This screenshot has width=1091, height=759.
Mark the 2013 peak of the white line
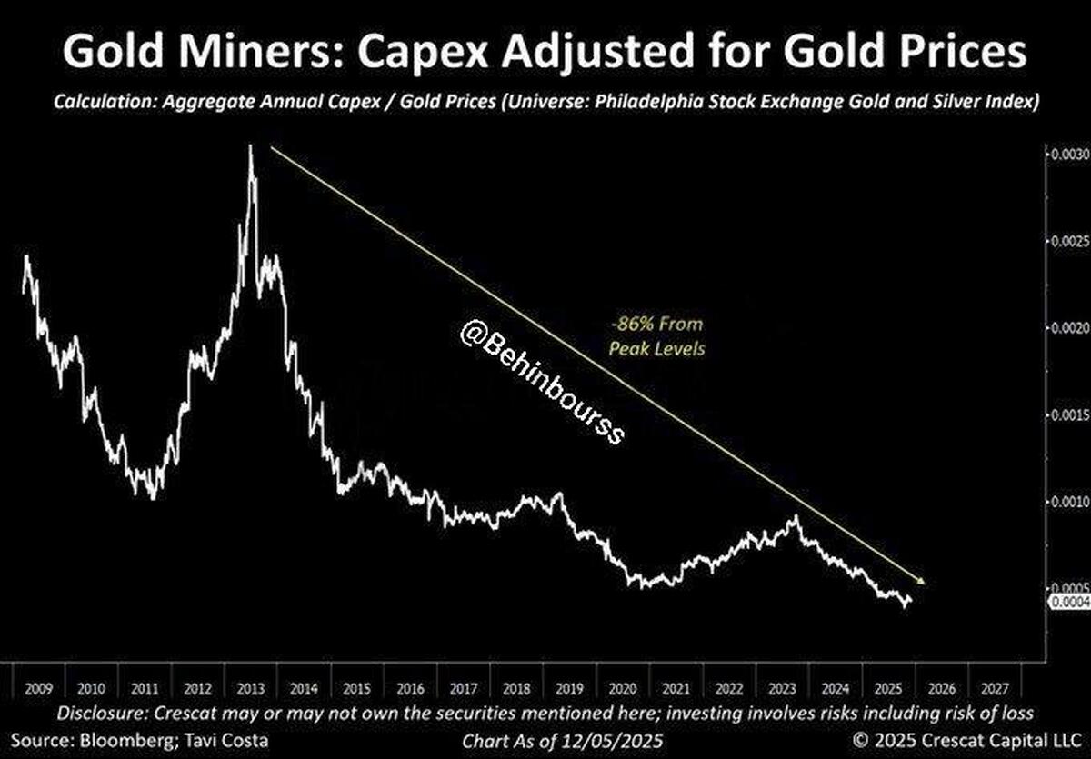[250, 147]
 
